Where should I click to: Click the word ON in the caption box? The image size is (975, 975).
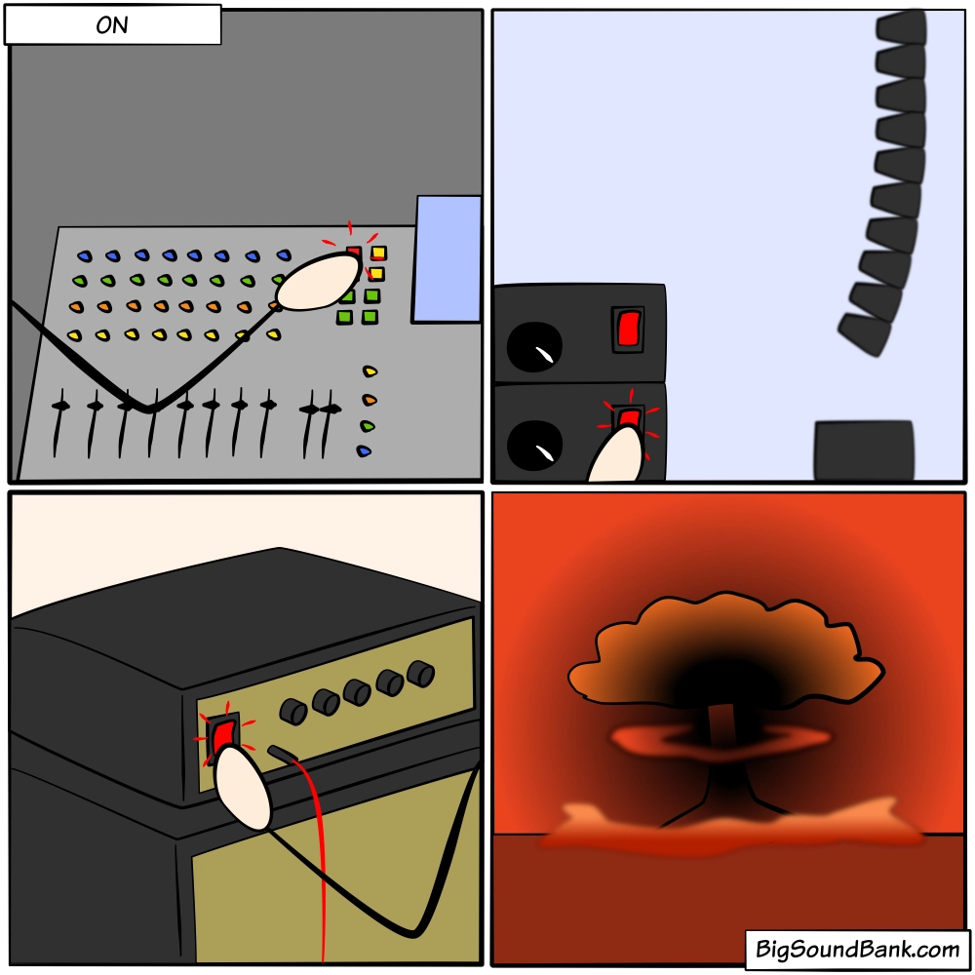[112, 25]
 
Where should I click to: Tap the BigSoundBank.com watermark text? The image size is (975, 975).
[857, 949]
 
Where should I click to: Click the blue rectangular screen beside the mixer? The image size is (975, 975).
[448, 259]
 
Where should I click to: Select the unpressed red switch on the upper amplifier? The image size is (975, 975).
[628, 329]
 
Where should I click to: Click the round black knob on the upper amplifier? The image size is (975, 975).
[534, 347]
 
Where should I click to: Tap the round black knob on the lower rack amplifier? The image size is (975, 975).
[534, 446]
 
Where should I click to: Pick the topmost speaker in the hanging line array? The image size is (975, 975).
[902, 27]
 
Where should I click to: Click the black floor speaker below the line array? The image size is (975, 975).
[864, 450]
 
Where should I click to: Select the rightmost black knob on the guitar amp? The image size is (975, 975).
[421, 674]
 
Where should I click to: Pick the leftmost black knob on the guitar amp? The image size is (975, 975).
[293, 712]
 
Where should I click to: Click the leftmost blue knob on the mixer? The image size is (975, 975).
[85, 255]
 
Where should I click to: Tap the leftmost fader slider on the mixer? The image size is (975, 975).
[59, 423]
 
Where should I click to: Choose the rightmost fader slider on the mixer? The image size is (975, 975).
[328, 424]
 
